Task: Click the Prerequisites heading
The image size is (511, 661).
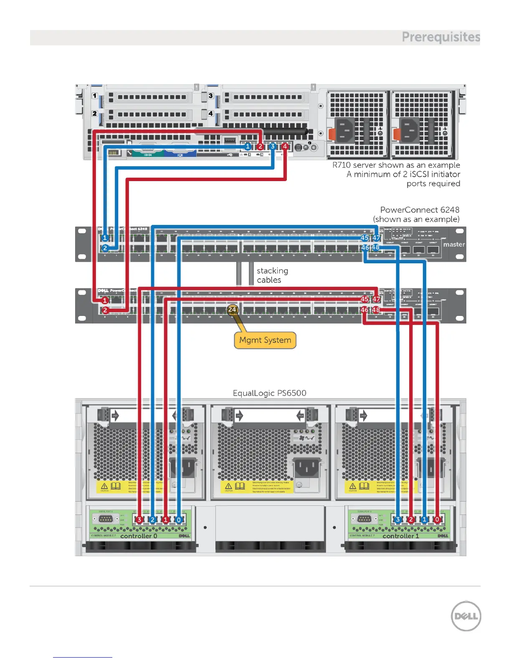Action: pos(440,37)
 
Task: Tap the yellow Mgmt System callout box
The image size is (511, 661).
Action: pos(265,340)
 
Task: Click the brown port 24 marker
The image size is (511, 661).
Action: pos(232,310)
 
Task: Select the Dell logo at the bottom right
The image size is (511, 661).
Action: pos(466,616)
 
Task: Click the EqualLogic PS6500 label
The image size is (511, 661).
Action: pos(269,393)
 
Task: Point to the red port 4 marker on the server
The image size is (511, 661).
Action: pos(285,146)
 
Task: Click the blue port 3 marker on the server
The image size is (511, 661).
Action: pos(273,146)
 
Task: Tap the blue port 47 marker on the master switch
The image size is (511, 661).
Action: pos(376,238)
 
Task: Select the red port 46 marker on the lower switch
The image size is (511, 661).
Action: pos(364,310)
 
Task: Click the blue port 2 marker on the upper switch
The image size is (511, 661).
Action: pos(105,248)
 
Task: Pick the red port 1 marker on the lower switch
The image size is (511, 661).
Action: pos(105,300)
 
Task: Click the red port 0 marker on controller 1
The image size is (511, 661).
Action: pos(437,520)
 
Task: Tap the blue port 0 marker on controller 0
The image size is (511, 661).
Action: pos(179,520)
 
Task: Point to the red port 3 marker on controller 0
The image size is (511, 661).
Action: pos(139,520)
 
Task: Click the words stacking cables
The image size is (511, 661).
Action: pos(272,275)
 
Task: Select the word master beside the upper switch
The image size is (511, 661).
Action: pos(454,245)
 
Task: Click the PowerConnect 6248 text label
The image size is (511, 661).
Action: pos(420,210)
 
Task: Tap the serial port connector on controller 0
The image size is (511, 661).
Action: pos(106,520)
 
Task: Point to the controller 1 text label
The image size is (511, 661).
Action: pos(400,536)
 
